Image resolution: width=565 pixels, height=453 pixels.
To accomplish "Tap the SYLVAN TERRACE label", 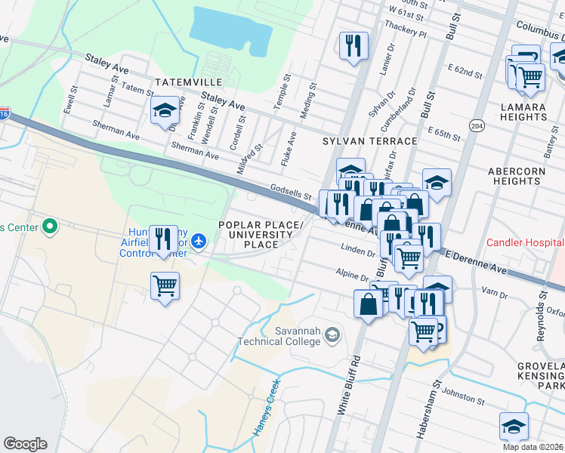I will point(370,141).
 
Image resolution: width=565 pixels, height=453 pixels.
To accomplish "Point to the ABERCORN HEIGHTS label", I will point(517,177).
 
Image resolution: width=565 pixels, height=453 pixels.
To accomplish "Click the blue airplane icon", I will point(198,240).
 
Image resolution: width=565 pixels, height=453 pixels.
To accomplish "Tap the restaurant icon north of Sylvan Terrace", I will point(354,45).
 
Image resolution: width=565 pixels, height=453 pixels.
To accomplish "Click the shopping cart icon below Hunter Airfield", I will point(165,286).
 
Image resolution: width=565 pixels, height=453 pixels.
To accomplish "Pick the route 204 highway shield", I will point(476,125).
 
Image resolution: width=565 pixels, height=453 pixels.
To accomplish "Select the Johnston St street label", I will point(462,395).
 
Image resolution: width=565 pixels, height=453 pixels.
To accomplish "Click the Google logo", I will point(25,444).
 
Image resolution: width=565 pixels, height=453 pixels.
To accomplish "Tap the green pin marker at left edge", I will point(50,226).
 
